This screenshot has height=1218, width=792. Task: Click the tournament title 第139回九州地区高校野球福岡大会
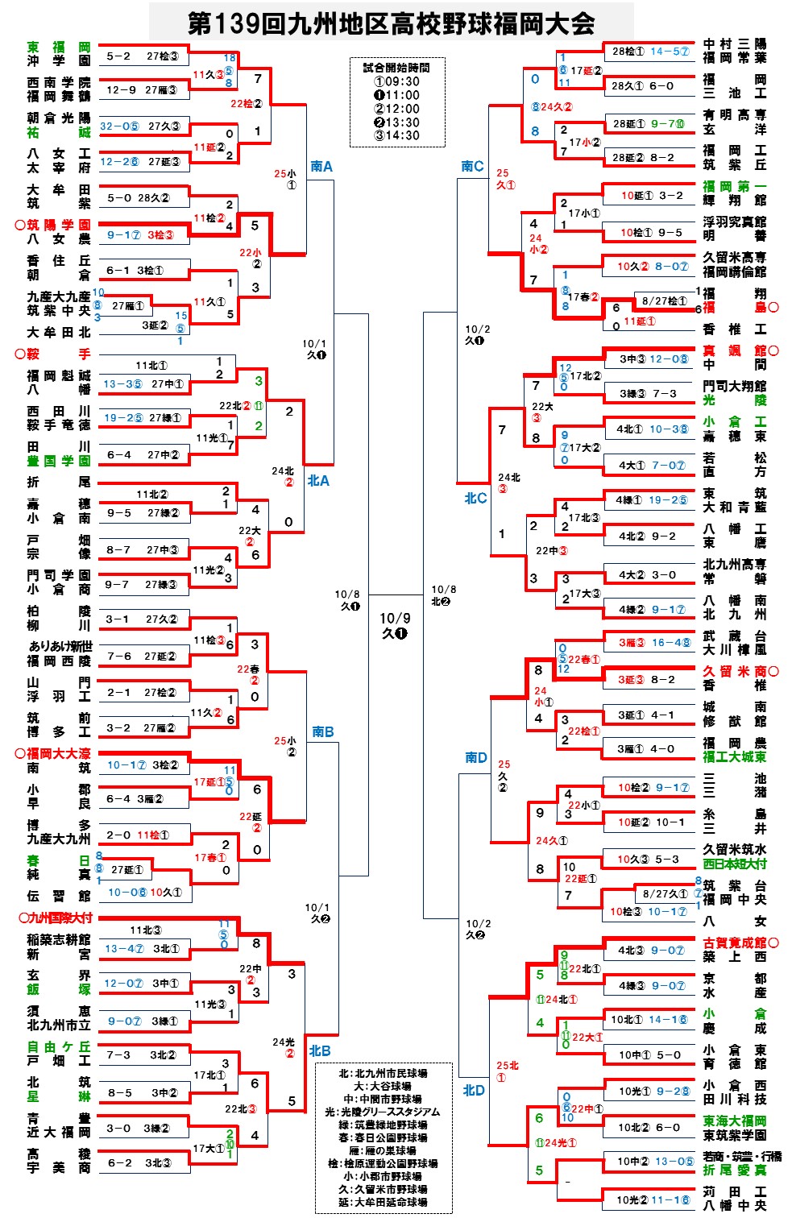(392, 23)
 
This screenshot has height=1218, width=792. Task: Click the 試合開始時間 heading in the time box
(397, 68)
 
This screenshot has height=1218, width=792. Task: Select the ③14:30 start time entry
(397, 135)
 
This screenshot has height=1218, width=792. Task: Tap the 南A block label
(321, 166)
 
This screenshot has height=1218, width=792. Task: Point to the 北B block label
(320, 1050)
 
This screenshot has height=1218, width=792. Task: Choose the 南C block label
(472, 166)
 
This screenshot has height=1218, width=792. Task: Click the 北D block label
(474, 1090)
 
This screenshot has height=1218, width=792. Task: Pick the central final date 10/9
(395, 618)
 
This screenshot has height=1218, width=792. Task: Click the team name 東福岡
(59, 47)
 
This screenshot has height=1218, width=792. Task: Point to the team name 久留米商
(734, 671)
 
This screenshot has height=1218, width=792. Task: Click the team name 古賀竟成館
(734, 942)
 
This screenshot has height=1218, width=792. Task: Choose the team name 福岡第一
(734, 186)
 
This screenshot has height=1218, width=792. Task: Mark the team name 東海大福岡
(734, 1121)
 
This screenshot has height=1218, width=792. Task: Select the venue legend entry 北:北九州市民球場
(383, 1073)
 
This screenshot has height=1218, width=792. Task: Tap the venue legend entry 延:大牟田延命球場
(383, 1202)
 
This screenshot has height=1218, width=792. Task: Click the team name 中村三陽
(734, 43)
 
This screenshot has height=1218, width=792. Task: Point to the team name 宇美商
(59, 1168)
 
